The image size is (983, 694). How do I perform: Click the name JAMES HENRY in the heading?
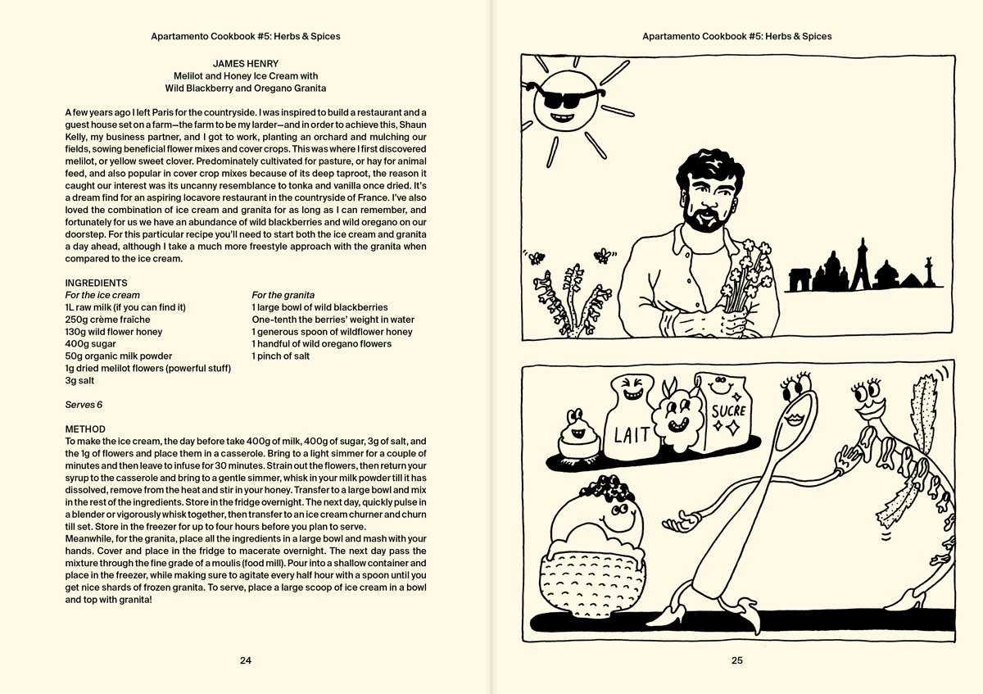(245, 63)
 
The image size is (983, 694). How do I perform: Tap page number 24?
(245, 660)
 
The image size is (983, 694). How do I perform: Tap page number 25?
(736, 660)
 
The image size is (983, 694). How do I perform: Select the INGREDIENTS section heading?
(96, 283)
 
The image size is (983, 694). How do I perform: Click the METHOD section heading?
(84, 429)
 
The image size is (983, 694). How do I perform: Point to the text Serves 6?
(84, 405)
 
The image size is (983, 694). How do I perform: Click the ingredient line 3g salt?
(79, 380)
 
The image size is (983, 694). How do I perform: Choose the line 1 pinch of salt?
(280, 356)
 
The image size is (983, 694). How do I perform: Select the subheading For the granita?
(283, 295)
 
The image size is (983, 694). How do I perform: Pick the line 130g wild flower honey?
(114, 332)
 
